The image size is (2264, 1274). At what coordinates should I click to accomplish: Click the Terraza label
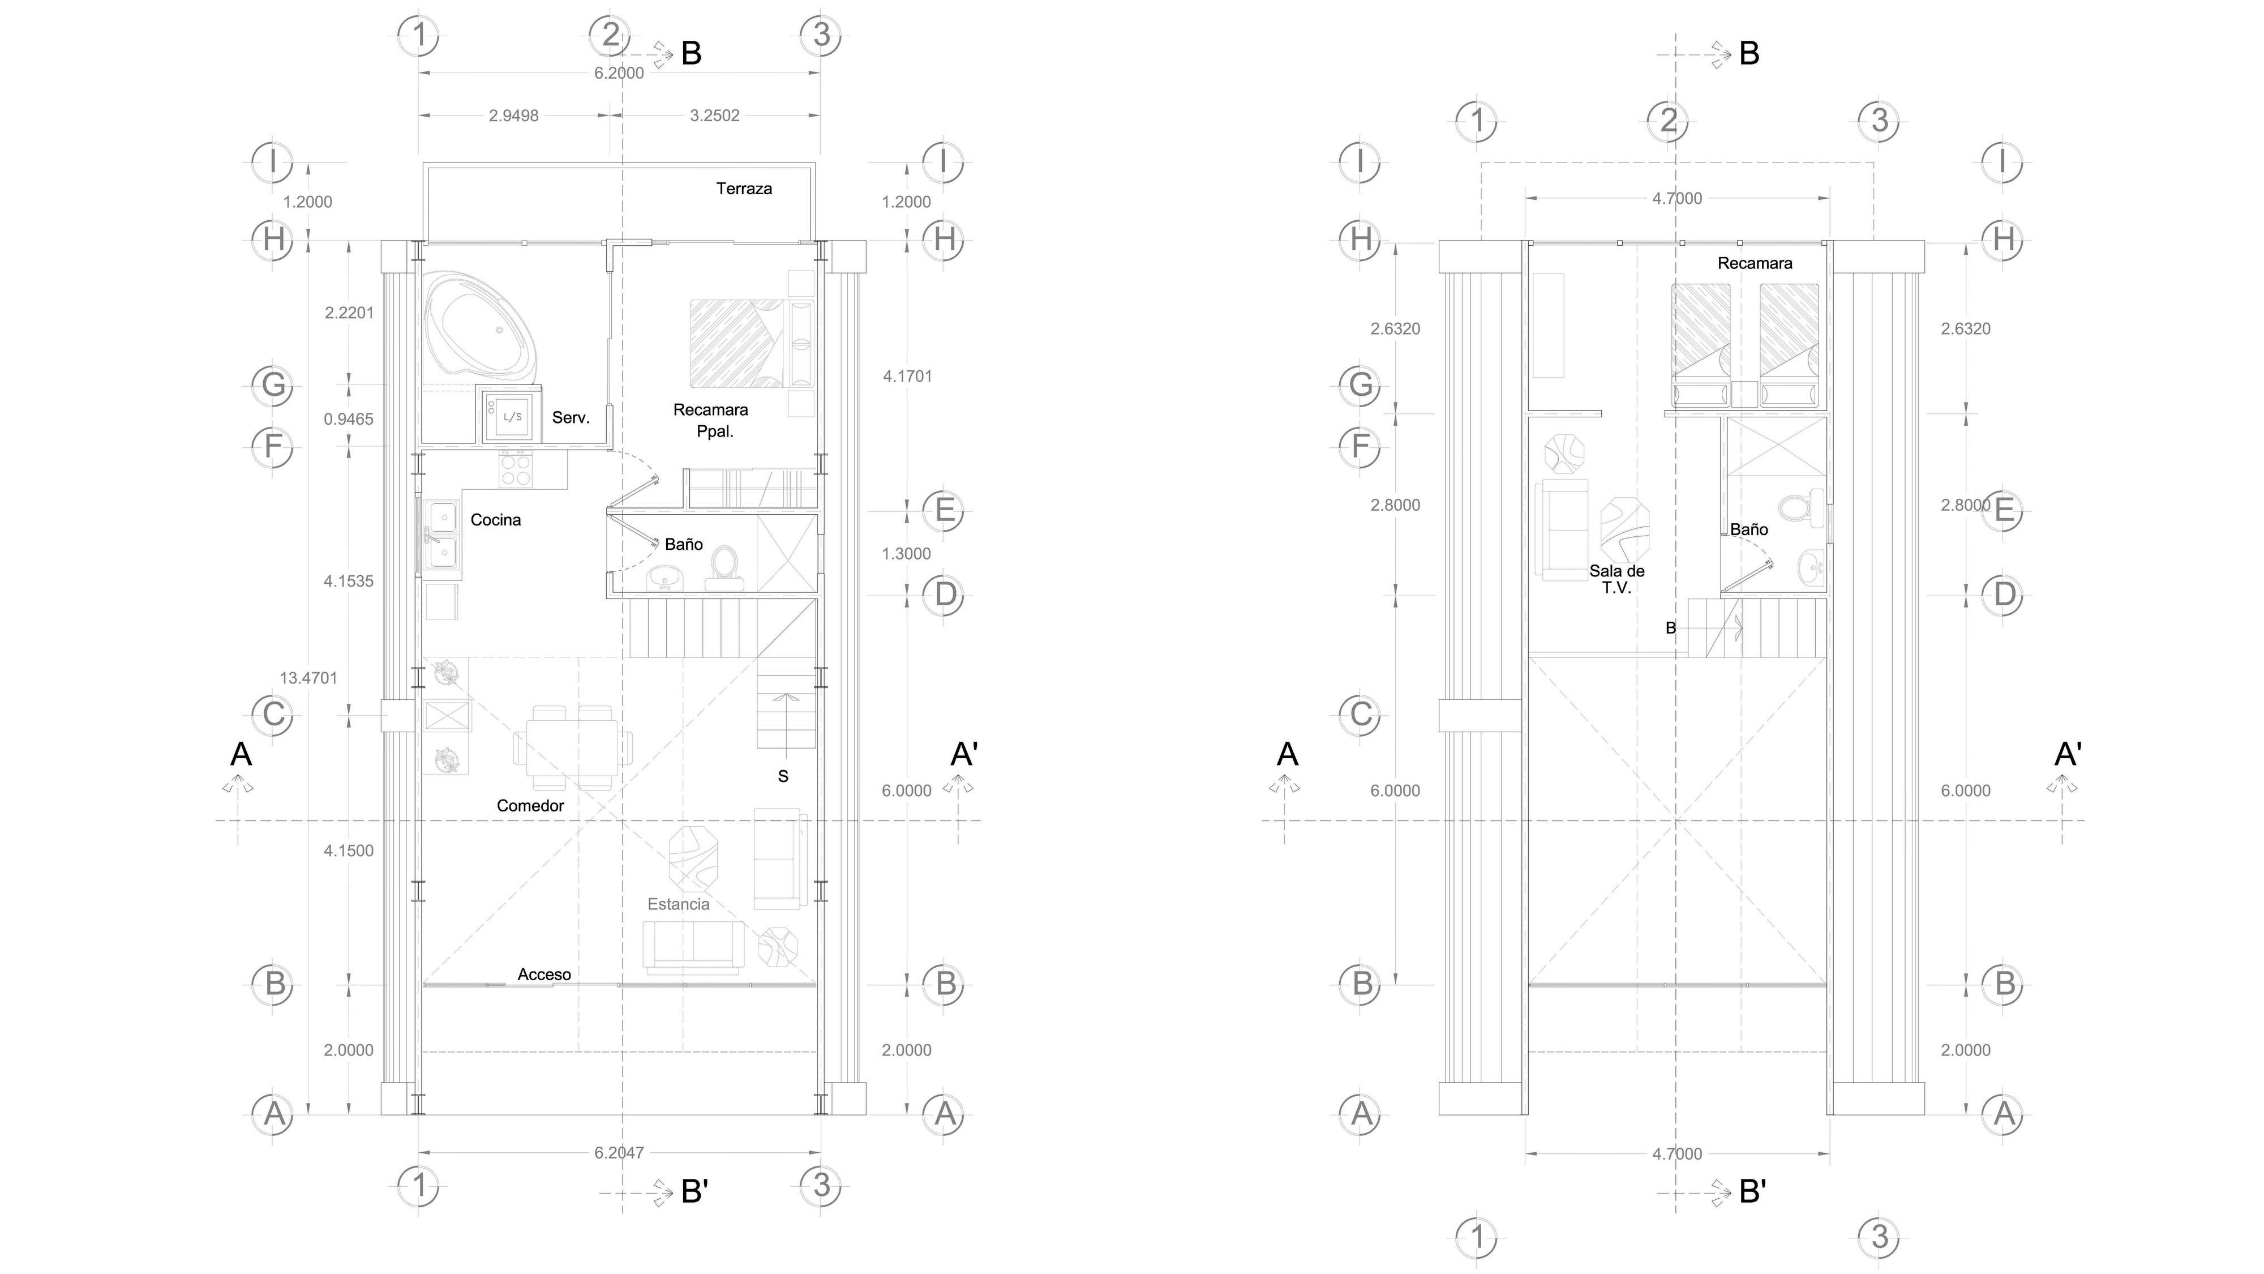point(744,188)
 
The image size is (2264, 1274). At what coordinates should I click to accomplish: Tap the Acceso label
point(544,974)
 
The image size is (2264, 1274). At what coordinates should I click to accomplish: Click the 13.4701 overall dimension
point(308,678)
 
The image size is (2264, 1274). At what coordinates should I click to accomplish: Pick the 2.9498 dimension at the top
point(513,115)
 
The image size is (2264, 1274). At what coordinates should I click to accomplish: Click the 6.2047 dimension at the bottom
point(619,1153)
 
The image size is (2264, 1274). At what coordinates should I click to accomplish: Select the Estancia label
point(678,904)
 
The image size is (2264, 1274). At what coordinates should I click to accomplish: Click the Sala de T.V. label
point(1616,579)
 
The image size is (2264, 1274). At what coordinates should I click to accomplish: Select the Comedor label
point(530,805)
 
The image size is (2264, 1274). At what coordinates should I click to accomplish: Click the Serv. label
point(571,418)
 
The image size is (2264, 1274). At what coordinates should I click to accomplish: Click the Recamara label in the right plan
point(1754,263)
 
